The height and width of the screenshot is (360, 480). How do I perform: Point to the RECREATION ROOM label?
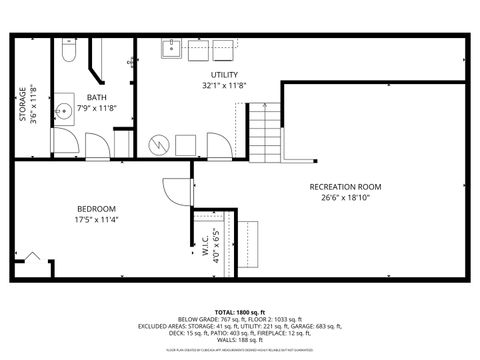point(345,187)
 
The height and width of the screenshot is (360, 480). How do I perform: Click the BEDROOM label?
point(97,208)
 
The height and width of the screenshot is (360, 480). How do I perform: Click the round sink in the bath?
point(61,110)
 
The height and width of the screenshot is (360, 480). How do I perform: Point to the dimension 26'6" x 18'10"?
point(345,197)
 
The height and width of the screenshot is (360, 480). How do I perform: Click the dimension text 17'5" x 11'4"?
point(97,219)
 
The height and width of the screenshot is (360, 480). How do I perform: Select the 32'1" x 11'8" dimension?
point(224,86)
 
